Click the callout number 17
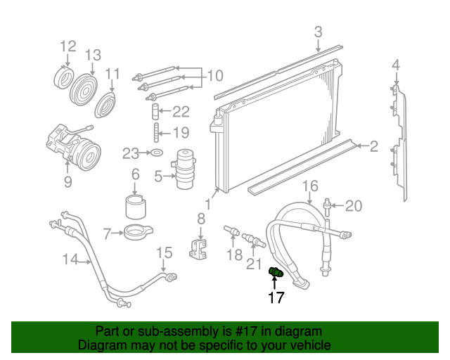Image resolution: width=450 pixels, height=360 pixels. click(x=276, y=298)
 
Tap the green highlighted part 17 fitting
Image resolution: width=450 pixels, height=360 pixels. click(x=276, y=271)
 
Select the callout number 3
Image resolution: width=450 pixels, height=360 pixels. click(x=318, y=32)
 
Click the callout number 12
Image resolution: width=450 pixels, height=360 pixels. click(x=67, y=46)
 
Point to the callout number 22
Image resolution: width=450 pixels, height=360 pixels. click(x=181, y=111)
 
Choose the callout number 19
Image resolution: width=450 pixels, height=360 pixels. click(x=181, y=132)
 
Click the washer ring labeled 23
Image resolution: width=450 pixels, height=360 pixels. click(x=158, y=153)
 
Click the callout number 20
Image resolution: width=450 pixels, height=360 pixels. click(x=354, y=206)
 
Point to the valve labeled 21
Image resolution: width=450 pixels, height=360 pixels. click(x=253, y=243)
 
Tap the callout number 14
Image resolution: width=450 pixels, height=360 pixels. click(x=70, y=259)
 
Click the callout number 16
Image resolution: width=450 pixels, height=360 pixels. click(x=310, y=186)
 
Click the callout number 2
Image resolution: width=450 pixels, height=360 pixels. click(x=374, y=146)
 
